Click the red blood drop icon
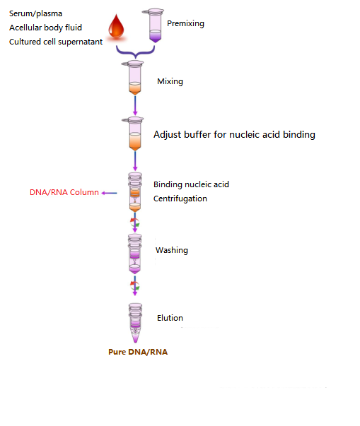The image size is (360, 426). click(x=116, y=29)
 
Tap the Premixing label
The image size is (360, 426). click(x=185, y=23)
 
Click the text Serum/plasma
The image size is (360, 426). click(x=36, y=13)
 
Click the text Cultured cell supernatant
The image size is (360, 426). click(x=56, y=42)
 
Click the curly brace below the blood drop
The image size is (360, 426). click(x=134, y=52)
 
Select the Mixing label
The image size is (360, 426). click(x=170, y=81)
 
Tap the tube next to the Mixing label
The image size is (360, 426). click(x=134, y=78)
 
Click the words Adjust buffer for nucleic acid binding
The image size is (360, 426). click(x=234, y=134)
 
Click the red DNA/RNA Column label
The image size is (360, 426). click(x=64, y=192)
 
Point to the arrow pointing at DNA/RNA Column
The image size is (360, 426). click(x=110, y=192)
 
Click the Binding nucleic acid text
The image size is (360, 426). click(x=191, y=184)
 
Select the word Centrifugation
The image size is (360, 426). click(x=180, y=199)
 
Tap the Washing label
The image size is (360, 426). click(x=172, y=250)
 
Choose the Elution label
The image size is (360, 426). click(x=170, y=318)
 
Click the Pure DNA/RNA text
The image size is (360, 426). click(x=138, y=351)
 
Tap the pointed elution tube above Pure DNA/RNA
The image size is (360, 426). click(x=134, y=321)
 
